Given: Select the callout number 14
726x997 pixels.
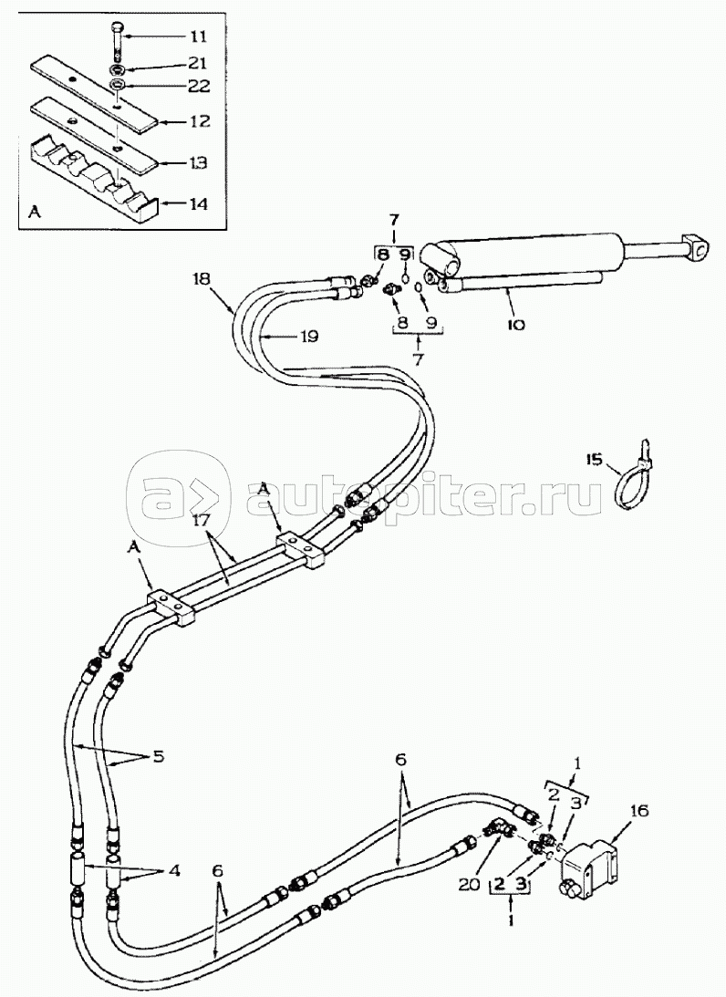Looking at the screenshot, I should [x=197, y=205].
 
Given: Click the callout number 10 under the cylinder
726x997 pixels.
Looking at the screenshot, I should [x=514, y=324].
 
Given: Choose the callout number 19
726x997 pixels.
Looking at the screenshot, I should [x=308, y=337].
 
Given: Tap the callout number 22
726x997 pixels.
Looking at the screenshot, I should [x=197, y=87].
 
